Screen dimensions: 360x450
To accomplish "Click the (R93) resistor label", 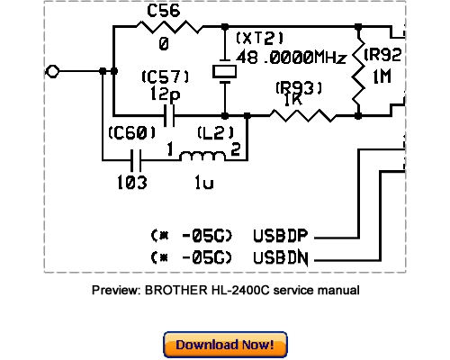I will tap(296, 88).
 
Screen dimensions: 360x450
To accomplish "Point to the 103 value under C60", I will tap(133, 181).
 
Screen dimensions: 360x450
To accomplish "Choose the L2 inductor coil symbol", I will tap(202, 159).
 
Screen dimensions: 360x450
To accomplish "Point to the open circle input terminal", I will tap(53, 71).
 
